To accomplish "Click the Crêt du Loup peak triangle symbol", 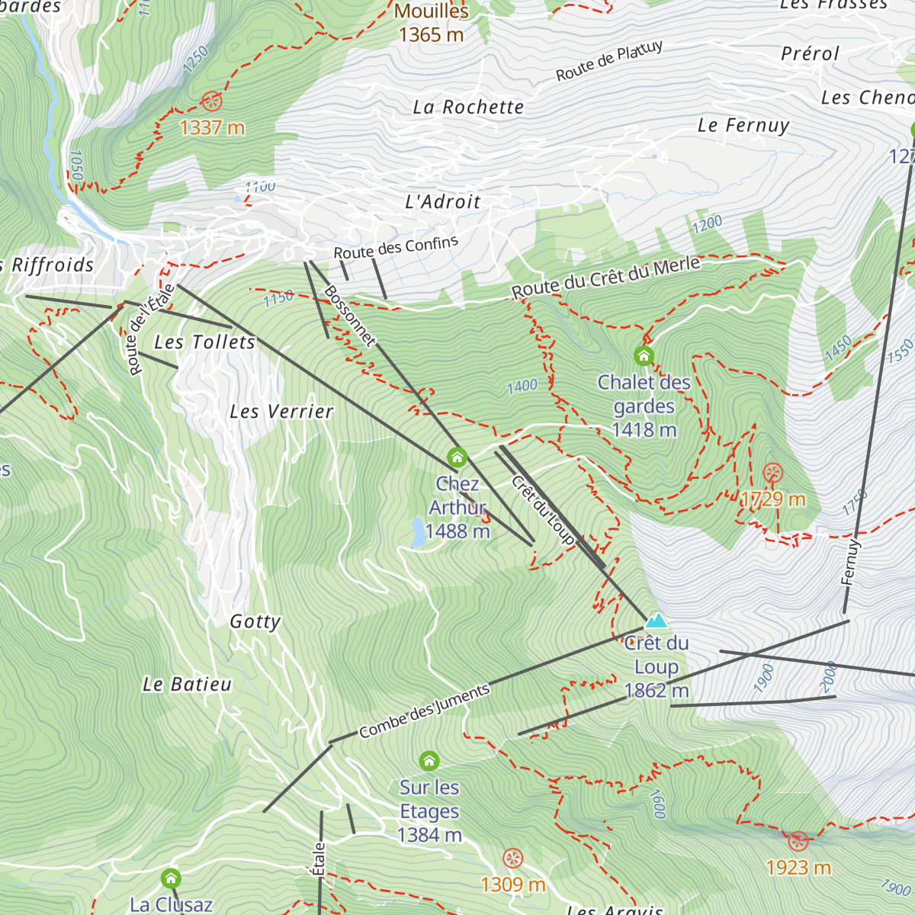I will click(656, 620).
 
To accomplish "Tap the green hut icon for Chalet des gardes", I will click(644, 355).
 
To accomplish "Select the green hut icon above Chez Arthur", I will click(457, 457).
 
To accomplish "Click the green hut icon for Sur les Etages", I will click(429, 760).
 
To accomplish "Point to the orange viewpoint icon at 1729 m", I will click(772, 473).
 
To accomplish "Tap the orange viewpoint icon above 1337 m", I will click(212, 101).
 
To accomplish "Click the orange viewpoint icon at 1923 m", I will click(798, 841).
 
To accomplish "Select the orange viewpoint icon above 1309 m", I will click(513, 859).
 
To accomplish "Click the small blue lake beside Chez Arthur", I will click(418, 532).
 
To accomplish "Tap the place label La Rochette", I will click(468, 108).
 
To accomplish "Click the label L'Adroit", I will click(443, 202).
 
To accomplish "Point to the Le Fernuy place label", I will click(743, 125).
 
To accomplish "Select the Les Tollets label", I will click(204, 342).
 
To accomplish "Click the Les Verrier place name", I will click(281, 412).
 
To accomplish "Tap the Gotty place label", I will click(255, 621).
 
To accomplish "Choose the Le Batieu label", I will click(187, 685).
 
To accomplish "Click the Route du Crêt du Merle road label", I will click(605, 278).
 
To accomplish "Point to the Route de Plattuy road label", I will click(609, 62).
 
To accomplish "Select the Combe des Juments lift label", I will click(424, 711).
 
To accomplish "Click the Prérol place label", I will click(810, 54).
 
